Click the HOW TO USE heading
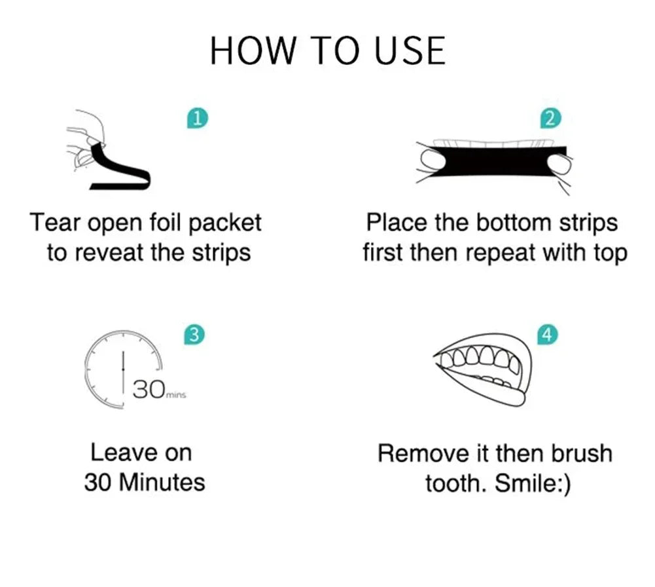pos(327,50)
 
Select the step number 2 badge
pos(550,119)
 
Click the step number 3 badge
pos(193,335)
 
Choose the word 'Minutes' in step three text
pos(164,483)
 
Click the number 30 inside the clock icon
pos(149,390)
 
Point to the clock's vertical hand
pos(124,371)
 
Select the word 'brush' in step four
pos(581,453)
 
